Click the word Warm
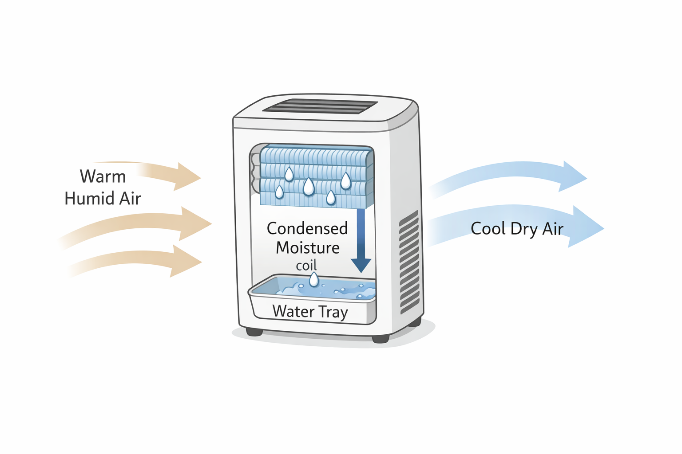pos(103,176)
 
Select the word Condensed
pos(307,228)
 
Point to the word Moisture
pos(308,247)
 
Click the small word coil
pos(306,265)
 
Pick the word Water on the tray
pos(293,311)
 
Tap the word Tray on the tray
pos(333,312)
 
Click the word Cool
pos(488,229)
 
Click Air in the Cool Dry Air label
pos(553,229)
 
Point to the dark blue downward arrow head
pos(361,265)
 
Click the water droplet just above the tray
pos(314,279)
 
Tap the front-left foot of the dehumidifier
pos(254,331)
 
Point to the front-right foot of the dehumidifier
pos(381,338)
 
